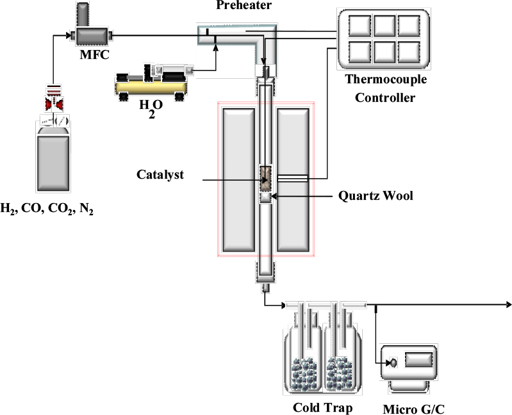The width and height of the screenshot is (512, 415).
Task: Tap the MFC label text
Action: (91, 54)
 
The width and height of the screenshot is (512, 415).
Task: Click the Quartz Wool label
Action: (375, 195)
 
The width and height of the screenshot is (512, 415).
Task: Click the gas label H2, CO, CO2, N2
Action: (56, 209)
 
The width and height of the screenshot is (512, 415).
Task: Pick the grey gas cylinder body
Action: (55, 160)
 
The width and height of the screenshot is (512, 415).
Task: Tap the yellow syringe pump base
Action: (151, 86)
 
